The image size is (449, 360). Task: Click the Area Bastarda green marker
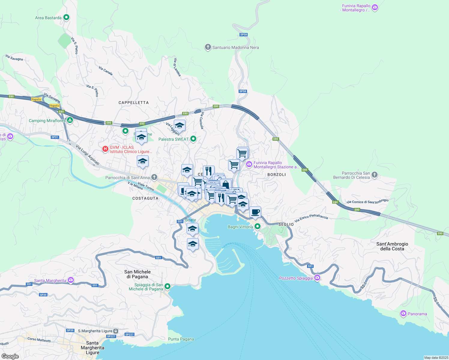pyautogui.click(x=66, y=17)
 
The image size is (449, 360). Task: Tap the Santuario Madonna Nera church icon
pyautogui.click(x=208, y=47)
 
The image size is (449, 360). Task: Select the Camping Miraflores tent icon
pyautogui.click(x=70, y=120)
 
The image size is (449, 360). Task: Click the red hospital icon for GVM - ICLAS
pyautogui.click(x=105, y=149)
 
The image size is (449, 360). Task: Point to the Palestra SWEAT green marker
pyautogui.click(x=193, y=139)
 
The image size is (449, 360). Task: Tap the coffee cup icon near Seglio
pyautogui.click(x=255, y=212)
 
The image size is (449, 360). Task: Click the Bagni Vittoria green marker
pyautogui.click(x=257, y=226)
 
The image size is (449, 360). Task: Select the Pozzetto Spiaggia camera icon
pyautogui.click(x=317, y=278)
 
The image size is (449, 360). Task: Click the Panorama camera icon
pyautogui.click(x=403, y=313)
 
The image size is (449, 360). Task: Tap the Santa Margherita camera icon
pyautogui.click(x=71, y=280)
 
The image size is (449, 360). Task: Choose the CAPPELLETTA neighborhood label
pyautogui.click(x=134, y=103)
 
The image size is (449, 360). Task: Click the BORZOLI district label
pyautogui.click(x=276, y=175)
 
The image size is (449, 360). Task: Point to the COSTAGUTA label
pyautogui.click(x=145, y=198)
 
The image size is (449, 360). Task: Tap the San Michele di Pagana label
pyautogui.click(x=137, y=274)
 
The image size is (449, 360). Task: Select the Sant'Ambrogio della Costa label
pyautogui.click(x=392, y=246)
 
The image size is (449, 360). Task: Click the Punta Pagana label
pyautogui.click(x=181, y=339)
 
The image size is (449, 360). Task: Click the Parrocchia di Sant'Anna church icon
pyautogui.click(x=154, y=177)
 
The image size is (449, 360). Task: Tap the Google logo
pyautogui.click(x=10, y=356)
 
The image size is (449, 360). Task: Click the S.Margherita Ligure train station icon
pyautogui.click(x=116, y=331)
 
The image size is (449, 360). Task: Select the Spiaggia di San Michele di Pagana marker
pyautogui.click(x=167, y=286)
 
